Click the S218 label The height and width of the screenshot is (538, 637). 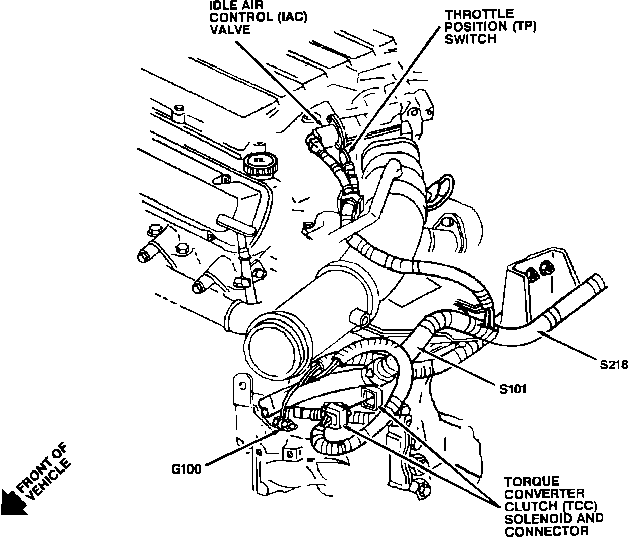614,364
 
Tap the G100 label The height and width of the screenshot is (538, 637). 186,468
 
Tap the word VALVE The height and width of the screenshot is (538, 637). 230,29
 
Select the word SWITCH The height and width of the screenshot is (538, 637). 471,39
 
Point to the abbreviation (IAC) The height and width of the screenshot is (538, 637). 285,18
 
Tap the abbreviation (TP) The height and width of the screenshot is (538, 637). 525,27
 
